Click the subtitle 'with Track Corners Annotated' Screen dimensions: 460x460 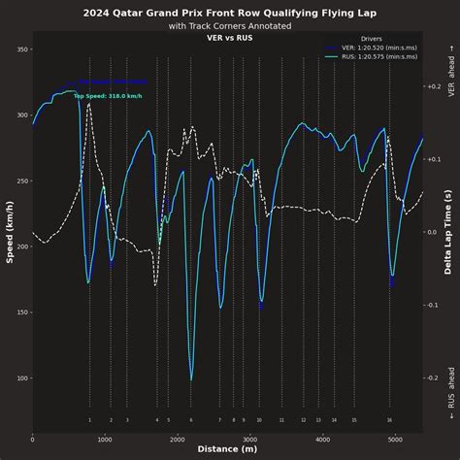(229, 26)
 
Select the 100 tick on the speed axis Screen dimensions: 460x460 (20, 378)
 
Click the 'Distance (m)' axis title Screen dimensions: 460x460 (228, 449)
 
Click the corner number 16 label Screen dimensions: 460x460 (389, 420)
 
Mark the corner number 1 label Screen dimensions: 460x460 (89, 420)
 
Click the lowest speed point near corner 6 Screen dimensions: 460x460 (191, 379)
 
